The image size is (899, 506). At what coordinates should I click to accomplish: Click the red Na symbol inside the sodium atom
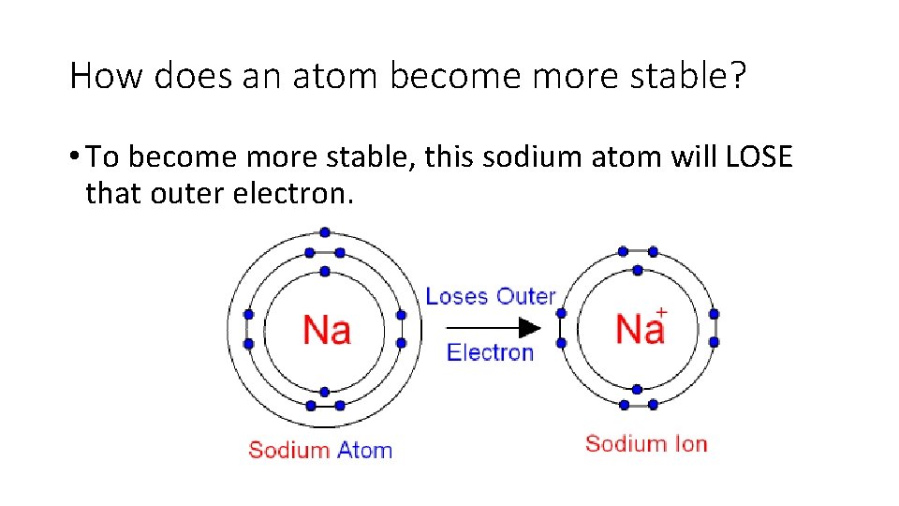tap(326, 329)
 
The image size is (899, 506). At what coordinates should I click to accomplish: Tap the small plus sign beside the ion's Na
tap(661, 312)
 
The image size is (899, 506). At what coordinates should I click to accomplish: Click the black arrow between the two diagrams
tap(492, 328)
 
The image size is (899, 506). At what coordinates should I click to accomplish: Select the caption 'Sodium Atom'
tap(320, 450)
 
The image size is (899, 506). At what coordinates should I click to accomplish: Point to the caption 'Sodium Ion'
tap(646, 443)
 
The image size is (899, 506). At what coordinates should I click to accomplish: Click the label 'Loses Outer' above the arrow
tap(491, 296)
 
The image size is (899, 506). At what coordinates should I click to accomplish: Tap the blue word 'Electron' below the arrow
tap(490, 352)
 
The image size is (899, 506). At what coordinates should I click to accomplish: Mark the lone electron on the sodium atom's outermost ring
tap(324, 232)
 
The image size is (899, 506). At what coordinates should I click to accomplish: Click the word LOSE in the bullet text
tap(759, 156)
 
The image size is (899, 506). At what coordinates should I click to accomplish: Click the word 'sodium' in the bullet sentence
tap(526, 156)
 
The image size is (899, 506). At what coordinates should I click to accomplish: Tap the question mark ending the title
tap(738, 76)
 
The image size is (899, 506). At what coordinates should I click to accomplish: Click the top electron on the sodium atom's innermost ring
tap(324, 272)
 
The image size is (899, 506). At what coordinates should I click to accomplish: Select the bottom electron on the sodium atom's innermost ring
tap(324, 392)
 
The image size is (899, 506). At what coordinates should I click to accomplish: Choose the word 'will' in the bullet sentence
tap(695, 156)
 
